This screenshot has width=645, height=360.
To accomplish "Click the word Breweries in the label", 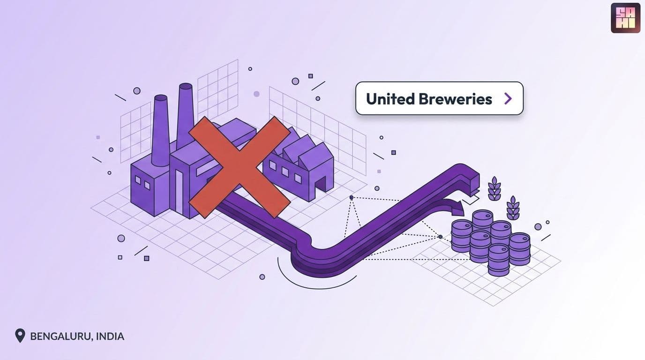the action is click(x=455, y=99).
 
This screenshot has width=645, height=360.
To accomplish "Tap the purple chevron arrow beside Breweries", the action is click(x=508, y=98).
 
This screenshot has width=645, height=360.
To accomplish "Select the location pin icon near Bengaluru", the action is click(x=20, y=336).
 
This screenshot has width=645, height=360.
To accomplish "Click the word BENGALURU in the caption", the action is click(x=61, y=336).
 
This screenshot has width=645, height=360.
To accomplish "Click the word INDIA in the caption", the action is click(x=110, y=336).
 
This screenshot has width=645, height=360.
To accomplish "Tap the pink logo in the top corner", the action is click(x=625, y=18).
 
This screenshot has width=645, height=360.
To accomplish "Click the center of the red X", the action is click(x=240, y=167).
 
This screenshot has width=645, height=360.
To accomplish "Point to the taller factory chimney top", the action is click(x=186, y=86).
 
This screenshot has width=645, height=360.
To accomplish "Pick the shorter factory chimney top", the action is click(x=161, y=98).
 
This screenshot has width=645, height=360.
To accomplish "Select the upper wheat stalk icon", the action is click(x=495, y=188).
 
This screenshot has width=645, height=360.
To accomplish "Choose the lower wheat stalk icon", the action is click(x=513, y=208).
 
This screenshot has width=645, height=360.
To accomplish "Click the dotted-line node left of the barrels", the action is click(x=440, y=237).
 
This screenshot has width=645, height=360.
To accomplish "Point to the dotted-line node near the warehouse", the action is click(x=351, y=197).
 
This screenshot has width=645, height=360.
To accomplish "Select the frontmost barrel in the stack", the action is click(x=498, y=260).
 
